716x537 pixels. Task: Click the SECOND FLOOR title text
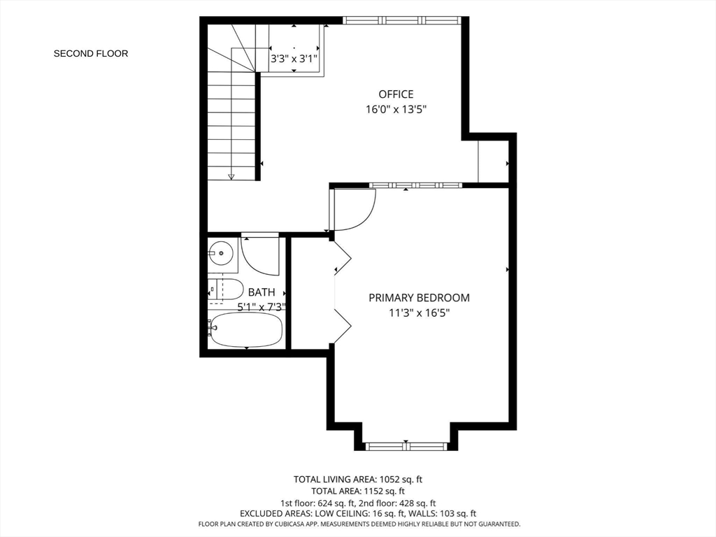(x=91, y=53)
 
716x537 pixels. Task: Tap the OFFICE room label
(x=396, y=94)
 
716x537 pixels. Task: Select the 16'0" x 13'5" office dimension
(x=396, y=110)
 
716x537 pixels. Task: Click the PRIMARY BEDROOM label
(x=420, y=298)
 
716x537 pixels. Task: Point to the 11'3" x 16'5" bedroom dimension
(x=420, y=313)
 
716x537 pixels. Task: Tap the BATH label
(x=262, y=292)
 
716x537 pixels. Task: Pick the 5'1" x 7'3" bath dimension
(x=262, y=307)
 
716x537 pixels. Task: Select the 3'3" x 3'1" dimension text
(x=294, y=59)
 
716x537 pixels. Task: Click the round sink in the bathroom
(x=222, y=252)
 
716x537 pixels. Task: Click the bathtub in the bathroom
(x=245, y=329)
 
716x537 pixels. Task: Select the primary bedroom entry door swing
(x=365, y=218)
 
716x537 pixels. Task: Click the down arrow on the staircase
(x=231, y=176)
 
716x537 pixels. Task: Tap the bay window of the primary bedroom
(x=406, y=446)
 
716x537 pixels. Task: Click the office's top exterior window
(x=402, y=20)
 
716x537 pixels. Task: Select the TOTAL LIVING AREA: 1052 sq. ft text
(x=358, y=480)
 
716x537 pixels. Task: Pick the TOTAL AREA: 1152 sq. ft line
(x=358, y=492)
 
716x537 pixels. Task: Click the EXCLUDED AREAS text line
(x=358, y=514)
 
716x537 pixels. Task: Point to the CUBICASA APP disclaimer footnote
(x=359, y=524)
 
